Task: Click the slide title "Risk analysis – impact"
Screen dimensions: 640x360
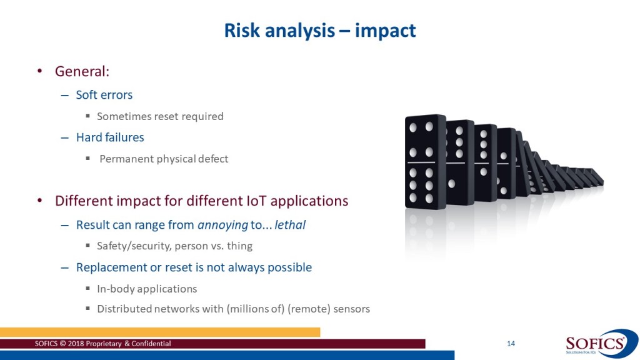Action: tap(320, 31)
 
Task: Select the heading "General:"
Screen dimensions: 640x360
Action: tap(82, 71)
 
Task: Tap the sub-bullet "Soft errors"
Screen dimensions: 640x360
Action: tap(104, 95)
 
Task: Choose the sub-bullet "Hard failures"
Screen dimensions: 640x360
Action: tap(110, 137)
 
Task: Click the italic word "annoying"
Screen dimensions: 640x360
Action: tap(223, 225)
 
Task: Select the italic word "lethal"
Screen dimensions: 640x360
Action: tap(290, 225)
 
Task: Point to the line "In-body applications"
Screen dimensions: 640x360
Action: tap(147, 289)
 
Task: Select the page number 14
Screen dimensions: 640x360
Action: tap(511, 344)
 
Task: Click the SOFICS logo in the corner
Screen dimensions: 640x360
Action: tap(601, 344)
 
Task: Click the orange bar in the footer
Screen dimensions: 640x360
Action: tap(160, 332)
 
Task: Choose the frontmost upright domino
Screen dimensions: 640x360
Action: tap(425, 162)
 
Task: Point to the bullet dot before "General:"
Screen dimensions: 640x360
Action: tap(39, 71)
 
